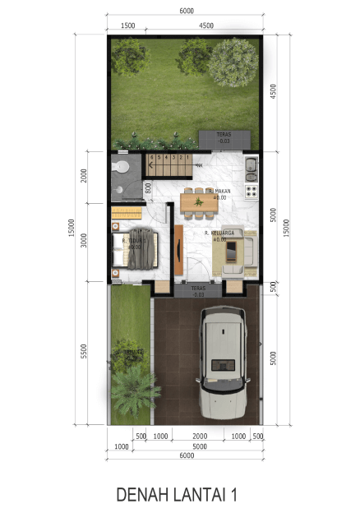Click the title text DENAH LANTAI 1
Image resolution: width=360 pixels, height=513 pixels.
coord(178,494)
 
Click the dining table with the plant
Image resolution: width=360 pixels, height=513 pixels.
coord(198,201)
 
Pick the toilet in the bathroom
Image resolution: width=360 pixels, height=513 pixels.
coord(122,167)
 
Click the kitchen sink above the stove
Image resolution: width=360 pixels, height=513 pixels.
coord(251,171)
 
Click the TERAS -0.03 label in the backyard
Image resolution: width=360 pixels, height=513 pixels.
coord(224,138)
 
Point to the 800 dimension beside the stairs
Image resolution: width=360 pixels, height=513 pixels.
coord(149,187)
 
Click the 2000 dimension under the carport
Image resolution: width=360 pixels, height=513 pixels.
coord(200,436)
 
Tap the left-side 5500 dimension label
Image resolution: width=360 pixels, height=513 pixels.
coord(84,352)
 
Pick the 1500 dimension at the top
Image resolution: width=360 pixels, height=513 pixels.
coord(127,25)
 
